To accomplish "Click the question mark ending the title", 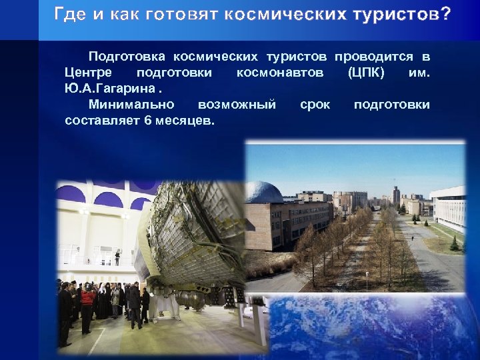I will pos(445,14).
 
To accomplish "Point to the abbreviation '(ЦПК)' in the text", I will pos(366,72).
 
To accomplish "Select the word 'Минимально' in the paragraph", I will pos(131,105).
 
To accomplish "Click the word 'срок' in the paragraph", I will pos(315,105).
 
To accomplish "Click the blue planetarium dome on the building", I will pos(265,193).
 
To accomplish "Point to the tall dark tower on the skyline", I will pos(396,196).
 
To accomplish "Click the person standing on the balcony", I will pos(117,257).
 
